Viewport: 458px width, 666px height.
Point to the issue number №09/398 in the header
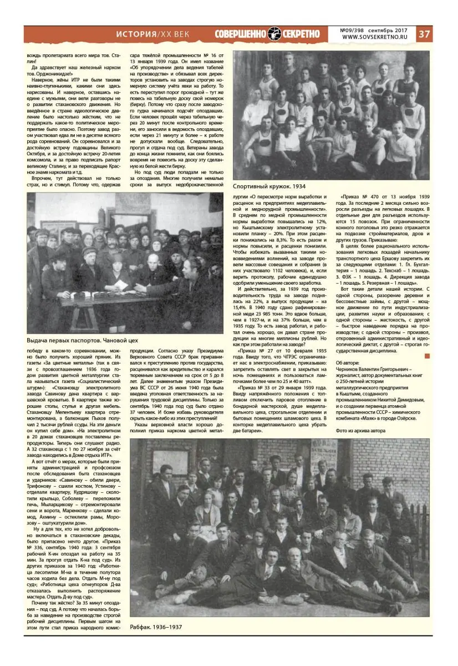[x=355, y=30]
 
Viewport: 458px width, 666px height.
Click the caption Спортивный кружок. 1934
[x=268, y=187]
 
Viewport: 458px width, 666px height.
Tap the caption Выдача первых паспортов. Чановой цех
[x=82, y=340]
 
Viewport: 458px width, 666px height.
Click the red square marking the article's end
[x=426, y=356]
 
